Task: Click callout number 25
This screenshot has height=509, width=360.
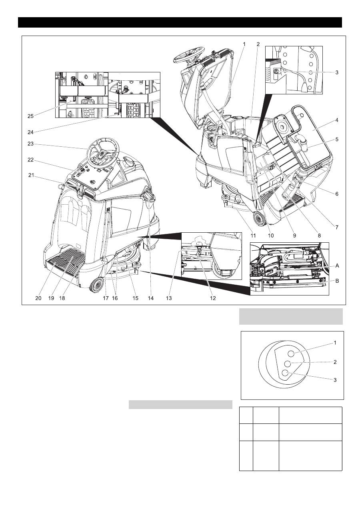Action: tap(30, 116)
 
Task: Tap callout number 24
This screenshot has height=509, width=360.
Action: tap(30, 132)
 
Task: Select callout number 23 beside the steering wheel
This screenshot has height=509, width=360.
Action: tap(30, 144)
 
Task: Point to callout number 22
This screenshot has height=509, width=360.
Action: tap(30, 160)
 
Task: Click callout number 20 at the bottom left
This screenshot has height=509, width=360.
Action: tap(38, 298)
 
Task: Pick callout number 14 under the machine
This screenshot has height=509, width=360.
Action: tap(151, 298)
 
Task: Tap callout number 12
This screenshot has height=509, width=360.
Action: tap(213, 298)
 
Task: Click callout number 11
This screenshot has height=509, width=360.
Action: tap(253, 236)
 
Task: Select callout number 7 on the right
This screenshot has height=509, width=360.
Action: tap(337, 227)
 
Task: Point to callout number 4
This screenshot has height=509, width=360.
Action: tap(337, 120)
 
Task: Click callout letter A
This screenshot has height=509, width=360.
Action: tap(337, 265)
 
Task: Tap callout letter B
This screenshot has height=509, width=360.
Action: tap(337, 281)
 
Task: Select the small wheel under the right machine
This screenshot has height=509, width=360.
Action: tap(258, 218)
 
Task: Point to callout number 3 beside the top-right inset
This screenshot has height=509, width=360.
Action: tap(337, 72)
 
